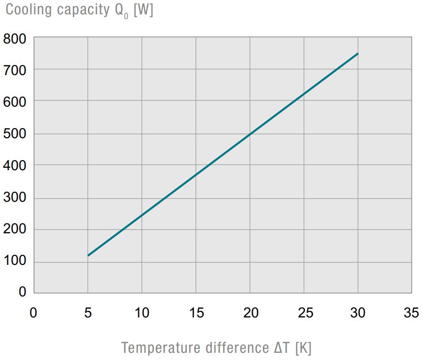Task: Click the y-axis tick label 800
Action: click(x=15, y=38)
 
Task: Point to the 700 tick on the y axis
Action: click(x=15, y=70)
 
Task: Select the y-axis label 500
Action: click(x=15, y=134)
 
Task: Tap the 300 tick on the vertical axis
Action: click(x=15, y=198)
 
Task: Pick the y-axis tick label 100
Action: click(x=15, y=262)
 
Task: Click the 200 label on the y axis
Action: click(x=15, y=229)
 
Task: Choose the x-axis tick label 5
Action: click(x=88, y=313)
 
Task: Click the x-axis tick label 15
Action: click(x=196, y=313)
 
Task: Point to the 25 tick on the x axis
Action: click(x=305, y=313)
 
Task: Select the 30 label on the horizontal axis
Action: click(x=358, y=313)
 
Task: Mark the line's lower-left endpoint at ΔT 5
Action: click(x=88, y=255)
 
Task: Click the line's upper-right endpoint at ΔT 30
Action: click(x=358, y=54)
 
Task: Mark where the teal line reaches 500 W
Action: click(x=250, y=134)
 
